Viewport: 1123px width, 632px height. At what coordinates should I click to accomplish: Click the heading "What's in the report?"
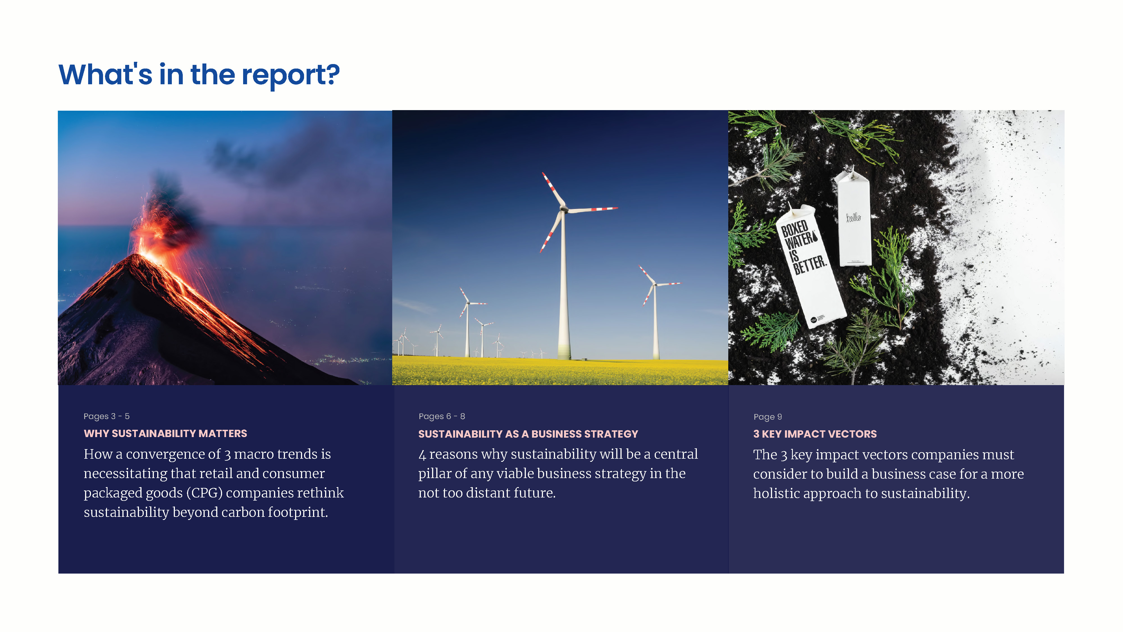199,75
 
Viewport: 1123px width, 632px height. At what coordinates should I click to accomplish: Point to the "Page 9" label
768,417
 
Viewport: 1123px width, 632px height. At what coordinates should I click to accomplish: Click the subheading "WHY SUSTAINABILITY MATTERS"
165,433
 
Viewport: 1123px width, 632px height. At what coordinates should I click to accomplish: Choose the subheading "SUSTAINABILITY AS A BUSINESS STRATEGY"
528,434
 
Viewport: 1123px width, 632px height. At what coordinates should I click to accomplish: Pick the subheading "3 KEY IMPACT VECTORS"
815,434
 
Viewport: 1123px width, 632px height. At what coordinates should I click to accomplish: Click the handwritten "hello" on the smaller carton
853,217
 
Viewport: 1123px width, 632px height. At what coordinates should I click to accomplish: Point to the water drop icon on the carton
815,238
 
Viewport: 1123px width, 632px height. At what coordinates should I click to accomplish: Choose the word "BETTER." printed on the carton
810,265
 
